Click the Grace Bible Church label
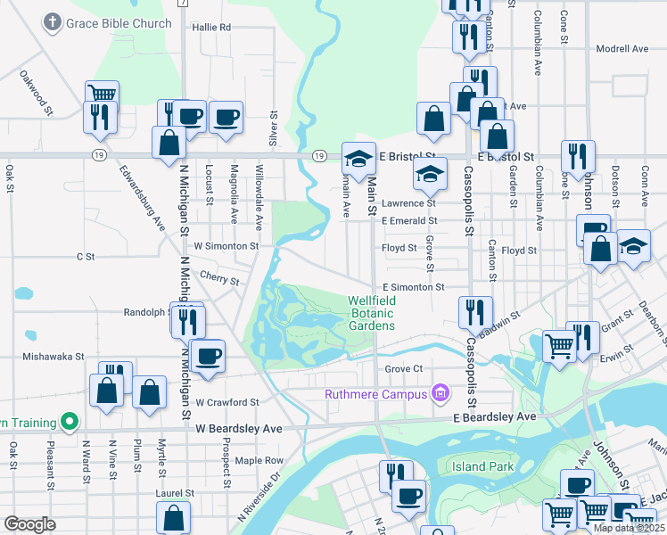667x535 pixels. pos(119,23)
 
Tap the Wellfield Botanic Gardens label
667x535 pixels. pos(371,313)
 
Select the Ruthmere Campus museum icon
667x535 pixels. pos(439,392)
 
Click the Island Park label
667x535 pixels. pos(482,466)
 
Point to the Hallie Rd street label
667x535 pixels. pos(211,28)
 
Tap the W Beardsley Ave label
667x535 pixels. pos(239,429)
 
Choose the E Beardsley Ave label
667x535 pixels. pos(495,416)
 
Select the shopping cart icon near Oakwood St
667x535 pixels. pos(102,94)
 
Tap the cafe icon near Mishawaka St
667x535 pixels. pos(209,356)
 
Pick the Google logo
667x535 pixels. pos(29,524)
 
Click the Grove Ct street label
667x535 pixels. pos(403,368)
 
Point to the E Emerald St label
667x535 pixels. pos(409,220)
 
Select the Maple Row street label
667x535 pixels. pos(259,460)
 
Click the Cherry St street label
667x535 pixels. pos(219,277)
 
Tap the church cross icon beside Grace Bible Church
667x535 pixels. pos(54,21)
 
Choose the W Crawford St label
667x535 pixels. pos(227,402)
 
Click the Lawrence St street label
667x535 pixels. pos(408,204)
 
